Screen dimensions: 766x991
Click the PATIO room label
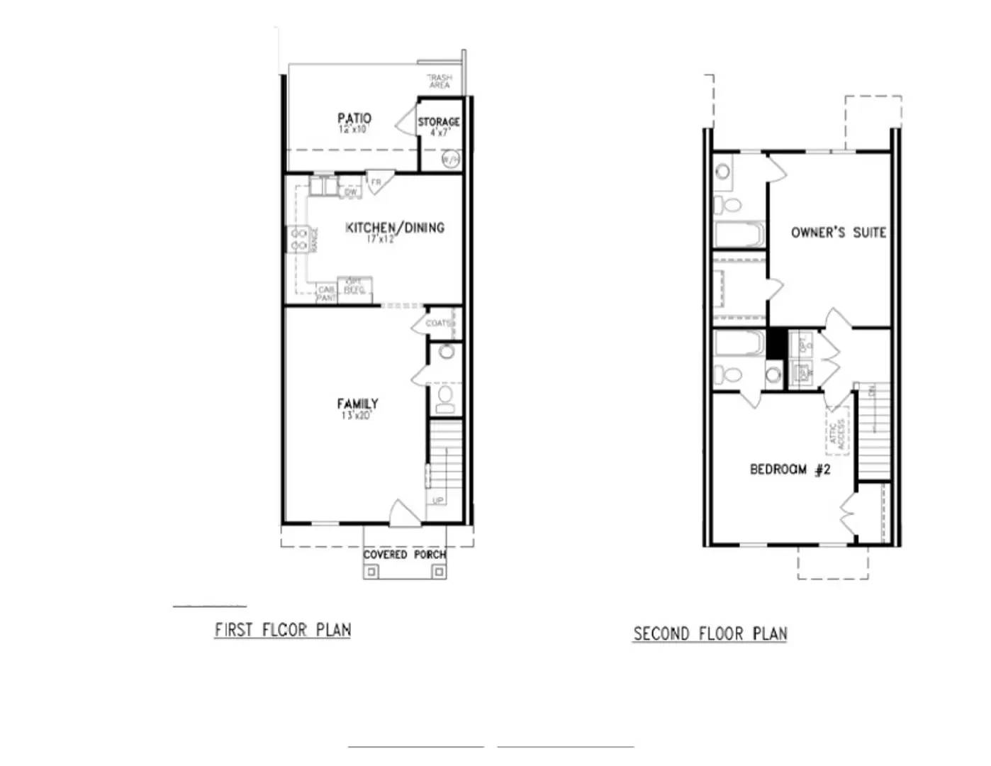(x=354, y=118)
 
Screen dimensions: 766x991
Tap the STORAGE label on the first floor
(x=438, y=122)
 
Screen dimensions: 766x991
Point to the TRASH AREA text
(x=439, y=81)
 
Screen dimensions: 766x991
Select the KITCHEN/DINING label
(x=395, y=228)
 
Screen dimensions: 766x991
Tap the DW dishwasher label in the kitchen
(x=351, y=191)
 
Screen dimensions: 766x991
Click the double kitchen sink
(x=323, y=187)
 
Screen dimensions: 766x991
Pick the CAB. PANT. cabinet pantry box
(x=326, y=294)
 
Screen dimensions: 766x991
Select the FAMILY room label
(x=357, y=404)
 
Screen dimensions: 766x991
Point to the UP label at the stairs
(x=438, y=500)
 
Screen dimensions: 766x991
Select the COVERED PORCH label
(x=404, y=554)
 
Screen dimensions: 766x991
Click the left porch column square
(x=372, y=571)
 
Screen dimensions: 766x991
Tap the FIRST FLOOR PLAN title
(x=283, y=630)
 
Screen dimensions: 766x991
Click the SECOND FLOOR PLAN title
(x=710, y=633)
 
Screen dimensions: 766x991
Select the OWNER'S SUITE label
(x=838, y=232)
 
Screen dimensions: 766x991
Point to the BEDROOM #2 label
(x=790, y=469)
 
